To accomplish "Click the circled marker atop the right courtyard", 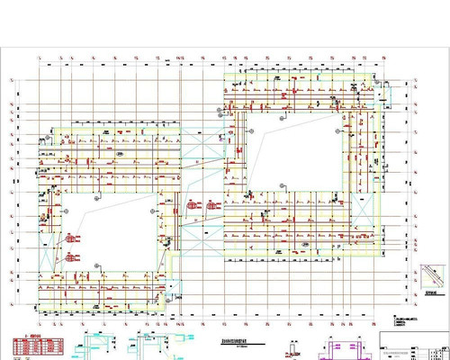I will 282,116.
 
